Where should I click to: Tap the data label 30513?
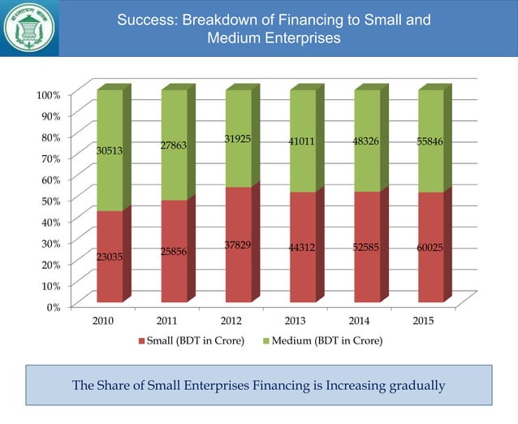[110, 150]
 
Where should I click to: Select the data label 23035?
[110, 257]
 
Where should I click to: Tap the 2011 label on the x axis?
[166, 321]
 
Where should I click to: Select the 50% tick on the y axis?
[50, 201]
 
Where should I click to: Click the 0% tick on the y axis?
[53, 306]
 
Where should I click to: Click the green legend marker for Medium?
[265, 340]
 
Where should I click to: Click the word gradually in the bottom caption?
[417, 385]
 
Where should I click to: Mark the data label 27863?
[174, 145]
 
